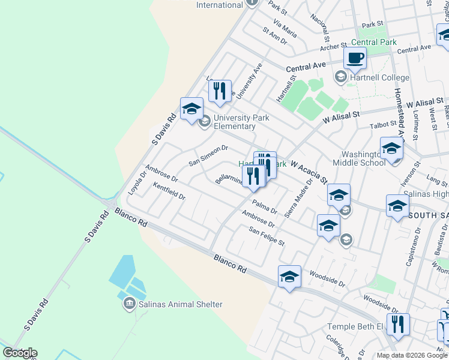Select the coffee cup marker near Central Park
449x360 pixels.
[355, 58]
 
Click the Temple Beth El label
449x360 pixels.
[355, 326]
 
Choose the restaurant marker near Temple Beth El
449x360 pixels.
[398, 325]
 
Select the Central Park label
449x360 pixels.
[373, 42]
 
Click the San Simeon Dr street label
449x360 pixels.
[208, 155]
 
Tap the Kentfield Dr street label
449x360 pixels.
[169, 191]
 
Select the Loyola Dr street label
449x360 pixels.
[137, 183]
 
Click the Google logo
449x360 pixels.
[20, 353]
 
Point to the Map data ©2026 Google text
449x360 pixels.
[411, 355]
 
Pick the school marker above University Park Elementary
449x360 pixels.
[191, 109]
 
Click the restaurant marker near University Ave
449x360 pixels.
[220, 91]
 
